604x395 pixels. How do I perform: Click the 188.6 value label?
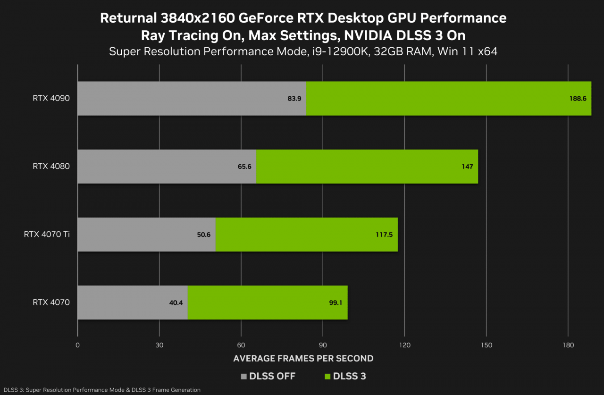[x=578, y=99]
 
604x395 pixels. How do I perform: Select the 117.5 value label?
[x=384, y=235]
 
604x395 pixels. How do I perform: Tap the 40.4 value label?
[x=176, y=303]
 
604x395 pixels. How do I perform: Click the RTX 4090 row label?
[x=51, y=98]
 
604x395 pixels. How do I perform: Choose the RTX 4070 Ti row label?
[x=47, y=234]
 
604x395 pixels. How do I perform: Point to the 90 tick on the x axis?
[x=323, y=345]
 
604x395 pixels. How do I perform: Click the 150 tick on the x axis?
[x=487, y=345]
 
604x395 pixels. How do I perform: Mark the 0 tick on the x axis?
[x=77, y=345]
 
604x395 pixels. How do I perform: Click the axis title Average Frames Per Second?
[x=303, y=359]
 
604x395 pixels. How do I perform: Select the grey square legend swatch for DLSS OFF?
[x=244, y=377]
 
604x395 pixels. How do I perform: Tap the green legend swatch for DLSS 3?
[x=327, y=377]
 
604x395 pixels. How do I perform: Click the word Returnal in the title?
[x=127, y=18]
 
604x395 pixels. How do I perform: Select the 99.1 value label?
[x=336, y=303]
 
